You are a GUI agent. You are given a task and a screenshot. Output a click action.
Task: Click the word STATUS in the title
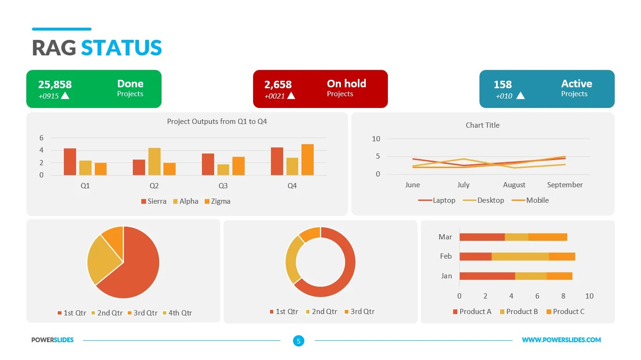point(121,48)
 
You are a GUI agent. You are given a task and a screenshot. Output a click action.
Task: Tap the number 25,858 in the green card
point(55,84)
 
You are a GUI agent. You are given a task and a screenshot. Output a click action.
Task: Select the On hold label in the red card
point(346,84)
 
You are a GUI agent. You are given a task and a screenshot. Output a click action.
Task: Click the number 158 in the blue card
point(502,84)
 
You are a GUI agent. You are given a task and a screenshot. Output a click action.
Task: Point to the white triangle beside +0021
point(291,96)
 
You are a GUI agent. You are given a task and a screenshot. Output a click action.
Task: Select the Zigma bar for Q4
point(308,160)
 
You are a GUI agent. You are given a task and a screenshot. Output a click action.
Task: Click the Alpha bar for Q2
point(154,161)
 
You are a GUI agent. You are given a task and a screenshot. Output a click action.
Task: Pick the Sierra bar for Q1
point(70,162)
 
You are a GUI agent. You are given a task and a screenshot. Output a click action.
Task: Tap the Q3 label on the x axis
point(223,186)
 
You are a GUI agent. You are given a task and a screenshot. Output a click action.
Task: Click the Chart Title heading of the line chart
point(482,125)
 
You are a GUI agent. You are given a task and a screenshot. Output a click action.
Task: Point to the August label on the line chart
point(514,185)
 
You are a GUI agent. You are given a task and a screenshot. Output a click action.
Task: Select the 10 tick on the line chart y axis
point(376,139)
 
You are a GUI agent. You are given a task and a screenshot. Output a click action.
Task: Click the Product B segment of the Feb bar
point(520,256)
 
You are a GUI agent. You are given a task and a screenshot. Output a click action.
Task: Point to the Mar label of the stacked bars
point(445,237)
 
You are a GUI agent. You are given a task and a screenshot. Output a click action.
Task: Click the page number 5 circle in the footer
point(298,341)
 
